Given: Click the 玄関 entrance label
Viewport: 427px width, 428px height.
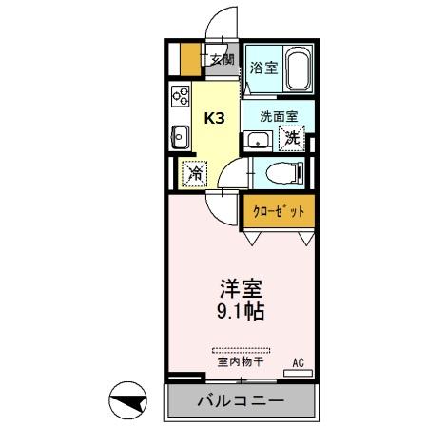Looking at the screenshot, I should pos(223,59).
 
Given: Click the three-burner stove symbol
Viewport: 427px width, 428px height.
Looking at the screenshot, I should pos(181,96).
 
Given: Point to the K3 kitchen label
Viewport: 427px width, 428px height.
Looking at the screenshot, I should pos(215,119).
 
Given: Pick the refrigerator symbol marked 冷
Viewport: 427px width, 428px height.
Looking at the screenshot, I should pos(192,174).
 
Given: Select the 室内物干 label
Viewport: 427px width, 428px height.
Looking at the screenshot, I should pos(240,362).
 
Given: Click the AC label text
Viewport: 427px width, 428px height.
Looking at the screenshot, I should pos(298,360).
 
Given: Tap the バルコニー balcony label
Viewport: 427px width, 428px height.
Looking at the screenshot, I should pos(240,400).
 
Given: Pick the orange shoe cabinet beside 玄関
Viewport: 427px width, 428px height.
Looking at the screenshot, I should pos(190,59).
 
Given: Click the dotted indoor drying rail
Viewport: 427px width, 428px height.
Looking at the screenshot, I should pos(241,349).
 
